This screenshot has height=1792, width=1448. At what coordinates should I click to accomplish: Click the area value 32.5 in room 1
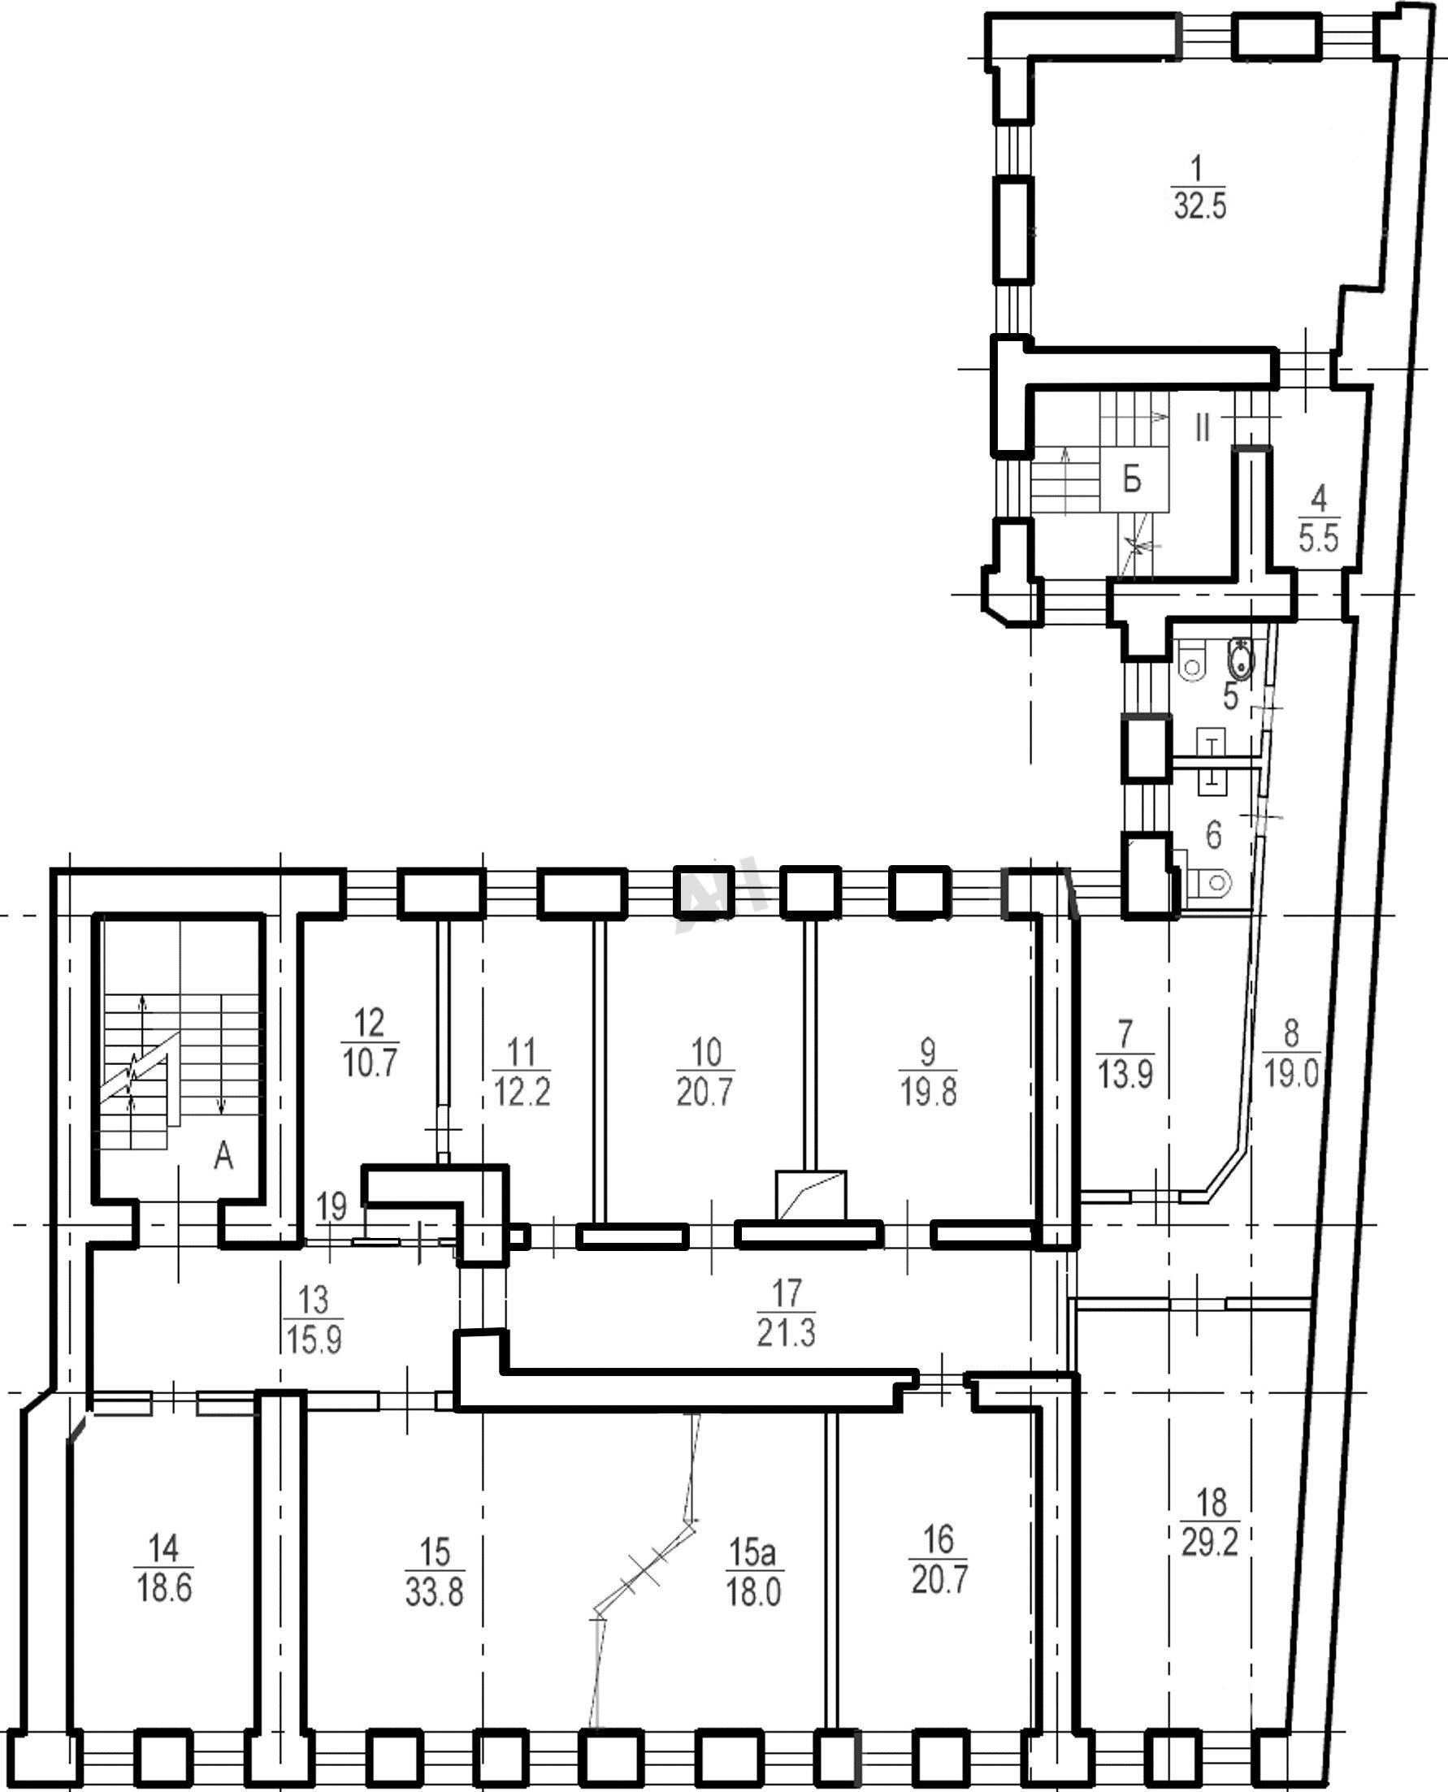click(x=1199, y=206)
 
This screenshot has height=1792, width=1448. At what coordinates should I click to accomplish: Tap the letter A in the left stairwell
click(x=223, y=1157)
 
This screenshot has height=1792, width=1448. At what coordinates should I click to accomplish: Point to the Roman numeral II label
click(x=1202, y=428)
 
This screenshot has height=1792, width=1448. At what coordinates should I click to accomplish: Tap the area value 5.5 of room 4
click(x=1319, y=539)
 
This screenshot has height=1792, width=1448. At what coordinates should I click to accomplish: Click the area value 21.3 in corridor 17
click(x=787, y=1333)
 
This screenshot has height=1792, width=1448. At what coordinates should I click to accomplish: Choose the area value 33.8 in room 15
click(x=435, y=1593)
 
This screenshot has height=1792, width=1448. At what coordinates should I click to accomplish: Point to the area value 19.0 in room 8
click(x=1291, y=1076)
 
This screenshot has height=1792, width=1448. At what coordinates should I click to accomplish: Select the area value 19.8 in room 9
click(x=928, y=1093)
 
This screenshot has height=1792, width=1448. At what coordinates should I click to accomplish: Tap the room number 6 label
click(x=1214, y=834)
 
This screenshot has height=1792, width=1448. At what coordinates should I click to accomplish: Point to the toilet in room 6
click(x=1207, y=881)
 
